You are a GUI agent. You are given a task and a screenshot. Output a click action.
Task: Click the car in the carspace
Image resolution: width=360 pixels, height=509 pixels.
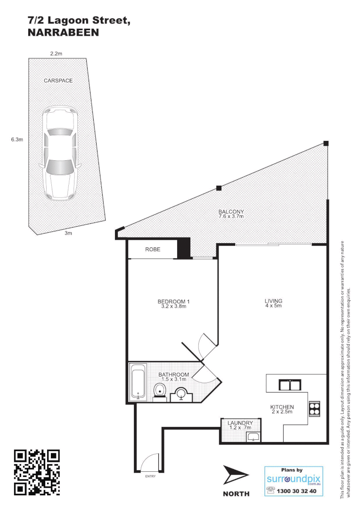(x=59, y=153)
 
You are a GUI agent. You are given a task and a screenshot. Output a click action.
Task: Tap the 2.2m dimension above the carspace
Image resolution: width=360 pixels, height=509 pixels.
(x=56, y=54)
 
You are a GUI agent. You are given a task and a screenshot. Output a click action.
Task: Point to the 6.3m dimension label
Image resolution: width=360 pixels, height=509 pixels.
(x=17, y=140)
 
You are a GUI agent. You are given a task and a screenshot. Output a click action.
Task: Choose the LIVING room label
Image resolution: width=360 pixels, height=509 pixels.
(x=273, y=303)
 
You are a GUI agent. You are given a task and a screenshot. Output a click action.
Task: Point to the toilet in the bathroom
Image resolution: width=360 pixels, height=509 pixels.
(x=160, y=390)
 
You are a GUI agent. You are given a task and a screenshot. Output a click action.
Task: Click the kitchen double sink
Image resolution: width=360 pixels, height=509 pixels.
(x=290, y=385)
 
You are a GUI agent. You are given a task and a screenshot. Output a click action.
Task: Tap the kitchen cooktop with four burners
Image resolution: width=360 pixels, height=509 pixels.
(x=314, y=408)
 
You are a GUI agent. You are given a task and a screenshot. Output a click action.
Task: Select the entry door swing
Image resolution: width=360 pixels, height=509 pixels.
(x=150, y=462)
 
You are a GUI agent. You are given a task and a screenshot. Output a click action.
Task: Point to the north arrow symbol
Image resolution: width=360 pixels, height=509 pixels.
(x=236, y=475)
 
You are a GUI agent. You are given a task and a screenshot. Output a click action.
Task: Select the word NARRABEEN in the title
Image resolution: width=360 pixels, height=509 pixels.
(x=64, y=33)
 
